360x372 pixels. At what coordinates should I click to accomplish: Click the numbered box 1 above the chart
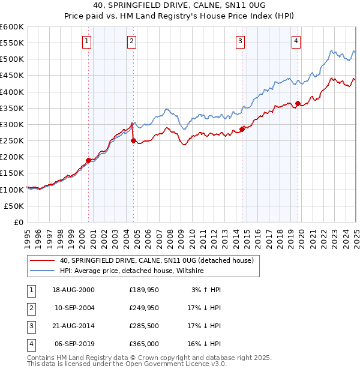(x=87, y=41)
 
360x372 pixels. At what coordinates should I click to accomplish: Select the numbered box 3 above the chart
(x=240, y=41)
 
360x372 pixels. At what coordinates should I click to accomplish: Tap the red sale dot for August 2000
(x=89, y=160)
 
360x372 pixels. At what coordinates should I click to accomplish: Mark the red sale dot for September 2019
(x=298, y=103)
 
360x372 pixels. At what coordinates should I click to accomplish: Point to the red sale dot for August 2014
(x=242, y=129)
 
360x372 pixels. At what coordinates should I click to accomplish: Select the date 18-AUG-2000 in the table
(x=73, y=290)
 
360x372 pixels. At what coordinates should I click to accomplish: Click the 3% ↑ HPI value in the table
(x=206, y=290)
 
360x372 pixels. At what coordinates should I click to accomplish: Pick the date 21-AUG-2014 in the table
(x=73, y=326)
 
